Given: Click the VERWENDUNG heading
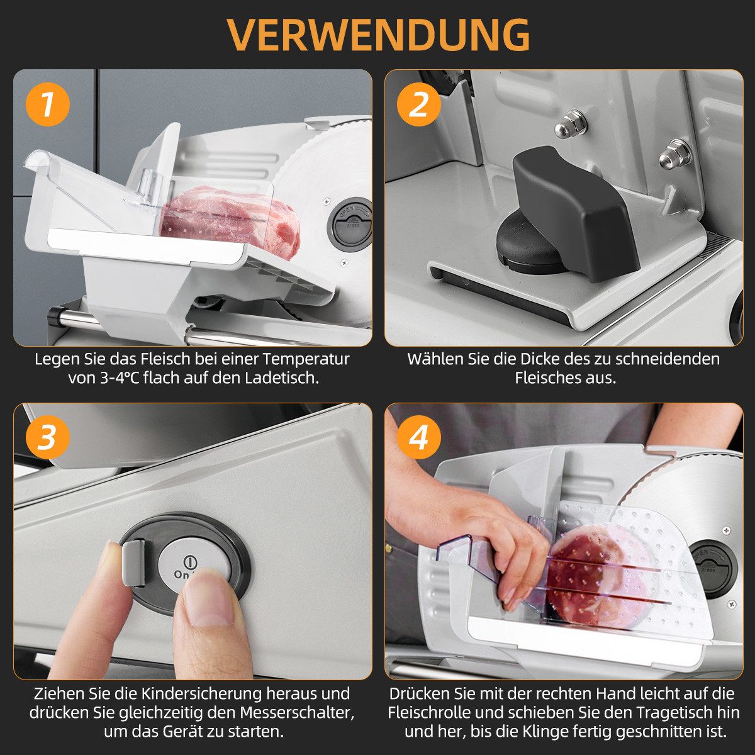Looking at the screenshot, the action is coord(379,34).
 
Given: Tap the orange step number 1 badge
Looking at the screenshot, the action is coord(47,104).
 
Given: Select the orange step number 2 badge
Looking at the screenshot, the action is coord(419,104).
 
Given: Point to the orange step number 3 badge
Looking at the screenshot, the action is coord(47,437).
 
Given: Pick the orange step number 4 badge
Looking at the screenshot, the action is coord(419,437).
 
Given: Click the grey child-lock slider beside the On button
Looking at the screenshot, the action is coord(133,562).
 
